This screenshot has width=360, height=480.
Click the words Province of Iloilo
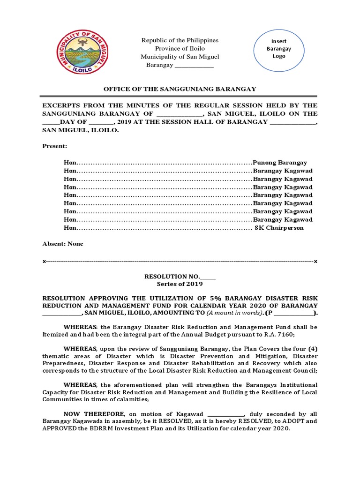(180, 49)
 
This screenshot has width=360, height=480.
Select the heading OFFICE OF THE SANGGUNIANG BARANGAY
(180, 89)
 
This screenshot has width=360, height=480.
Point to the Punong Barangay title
(280, 162)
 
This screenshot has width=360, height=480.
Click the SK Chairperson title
(279, 228)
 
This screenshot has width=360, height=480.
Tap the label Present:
(55, 147)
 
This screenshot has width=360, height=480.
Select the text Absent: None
(63, 244)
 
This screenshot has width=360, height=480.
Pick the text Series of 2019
(180, 284)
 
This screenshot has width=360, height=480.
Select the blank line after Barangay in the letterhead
(194, 66)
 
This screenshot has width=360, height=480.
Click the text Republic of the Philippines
(180, 41)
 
